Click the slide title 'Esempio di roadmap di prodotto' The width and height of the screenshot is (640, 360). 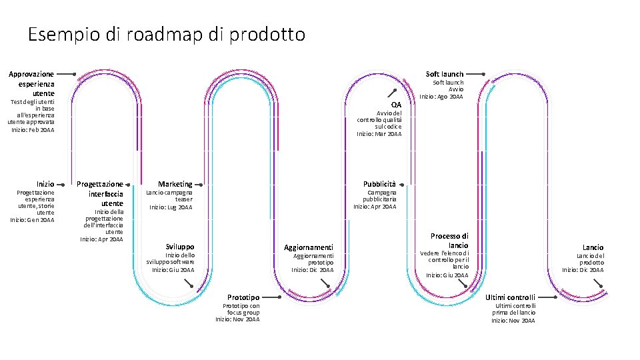(x=167, y=35)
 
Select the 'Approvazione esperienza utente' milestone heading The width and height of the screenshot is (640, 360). (x=32, y=83)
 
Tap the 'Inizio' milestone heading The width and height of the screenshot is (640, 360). (x=45, y=183)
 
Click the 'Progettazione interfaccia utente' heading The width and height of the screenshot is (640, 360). (x=101, y=193)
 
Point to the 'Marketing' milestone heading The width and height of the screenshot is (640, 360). (x=175, y=184)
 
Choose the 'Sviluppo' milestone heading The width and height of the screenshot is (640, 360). (x=180, y=246)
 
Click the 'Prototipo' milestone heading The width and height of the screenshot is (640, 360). (x=243, y=297)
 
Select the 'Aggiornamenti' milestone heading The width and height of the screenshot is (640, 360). (x=309, y=247)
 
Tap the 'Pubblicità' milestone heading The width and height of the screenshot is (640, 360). (x=379, y=183)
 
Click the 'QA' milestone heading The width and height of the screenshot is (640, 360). (x=397, y=105)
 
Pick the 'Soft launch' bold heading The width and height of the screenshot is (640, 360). (x=445, y=73)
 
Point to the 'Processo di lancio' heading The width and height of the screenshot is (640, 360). (x=450, y=241)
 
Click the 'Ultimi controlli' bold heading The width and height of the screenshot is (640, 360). (x=510, y=297)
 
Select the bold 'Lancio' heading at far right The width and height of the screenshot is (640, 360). (x=593, y=247)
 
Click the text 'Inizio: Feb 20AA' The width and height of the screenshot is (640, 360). (x=33, y=129)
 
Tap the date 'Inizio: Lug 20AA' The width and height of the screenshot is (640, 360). (x=171, y=207)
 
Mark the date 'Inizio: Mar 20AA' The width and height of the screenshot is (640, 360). (x=379, y=133)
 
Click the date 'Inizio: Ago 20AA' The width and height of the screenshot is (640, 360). (x=441, y=97)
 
